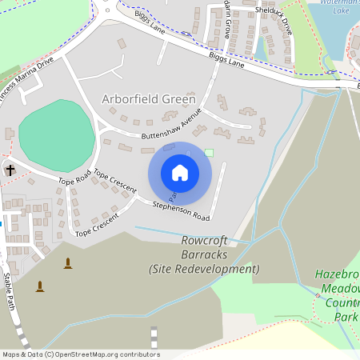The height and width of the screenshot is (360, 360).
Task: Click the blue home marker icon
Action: pyautogui.click(x=180, y=173)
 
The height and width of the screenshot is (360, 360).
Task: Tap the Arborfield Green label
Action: pyautogui.click(x=149, y=99)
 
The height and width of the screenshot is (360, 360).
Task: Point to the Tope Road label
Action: pyautogui.click(x=74, y=177)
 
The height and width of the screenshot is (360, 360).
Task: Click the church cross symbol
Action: pyautogui.click(x=10, y=170)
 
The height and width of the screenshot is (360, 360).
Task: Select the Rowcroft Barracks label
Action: pyautogui.click(x=204, y=247)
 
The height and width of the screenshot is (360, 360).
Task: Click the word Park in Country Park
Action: pyautogui.click(x=346, y=317)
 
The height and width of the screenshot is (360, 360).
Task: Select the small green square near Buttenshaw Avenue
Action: pyautogui.click(x=210, y=153)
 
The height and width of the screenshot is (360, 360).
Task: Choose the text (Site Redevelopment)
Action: pyautogui.click(x=204, y=269)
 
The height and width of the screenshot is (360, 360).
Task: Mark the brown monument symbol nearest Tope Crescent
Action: pyautogui.click(x=67, y=263)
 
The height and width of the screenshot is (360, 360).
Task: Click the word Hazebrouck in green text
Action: pyautogui.click(x=338, y=273)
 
